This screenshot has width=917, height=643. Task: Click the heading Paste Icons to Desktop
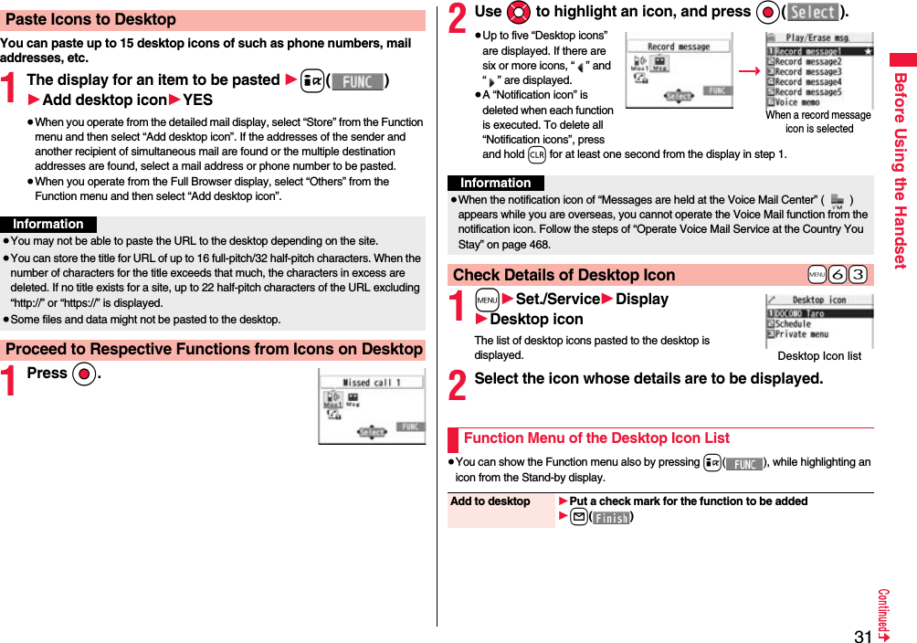[x=91, y=19]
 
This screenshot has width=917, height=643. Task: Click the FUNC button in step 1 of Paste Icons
[x=356, y=81]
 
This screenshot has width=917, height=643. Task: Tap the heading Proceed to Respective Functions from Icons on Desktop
[x=214, y=349]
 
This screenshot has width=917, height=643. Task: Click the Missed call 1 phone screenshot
[x=372, y=406]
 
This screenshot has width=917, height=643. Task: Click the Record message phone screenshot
[x=679, y=70]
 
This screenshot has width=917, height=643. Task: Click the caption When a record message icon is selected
[x=818, y=121]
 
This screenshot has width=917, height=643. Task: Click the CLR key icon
[x=537, y=154]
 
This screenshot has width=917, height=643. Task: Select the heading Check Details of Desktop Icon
[x=564, y=275]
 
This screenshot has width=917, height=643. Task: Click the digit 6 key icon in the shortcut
[x=838, y=276]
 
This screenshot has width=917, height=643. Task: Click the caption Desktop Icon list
[x=818, y=356]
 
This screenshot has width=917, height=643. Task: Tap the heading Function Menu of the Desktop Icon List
[x=596, y=438]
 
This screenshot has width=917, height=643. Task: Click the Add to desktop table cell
[x=490, y=501]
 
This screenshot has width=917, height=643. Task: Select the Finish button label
[x=611, y=518]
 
